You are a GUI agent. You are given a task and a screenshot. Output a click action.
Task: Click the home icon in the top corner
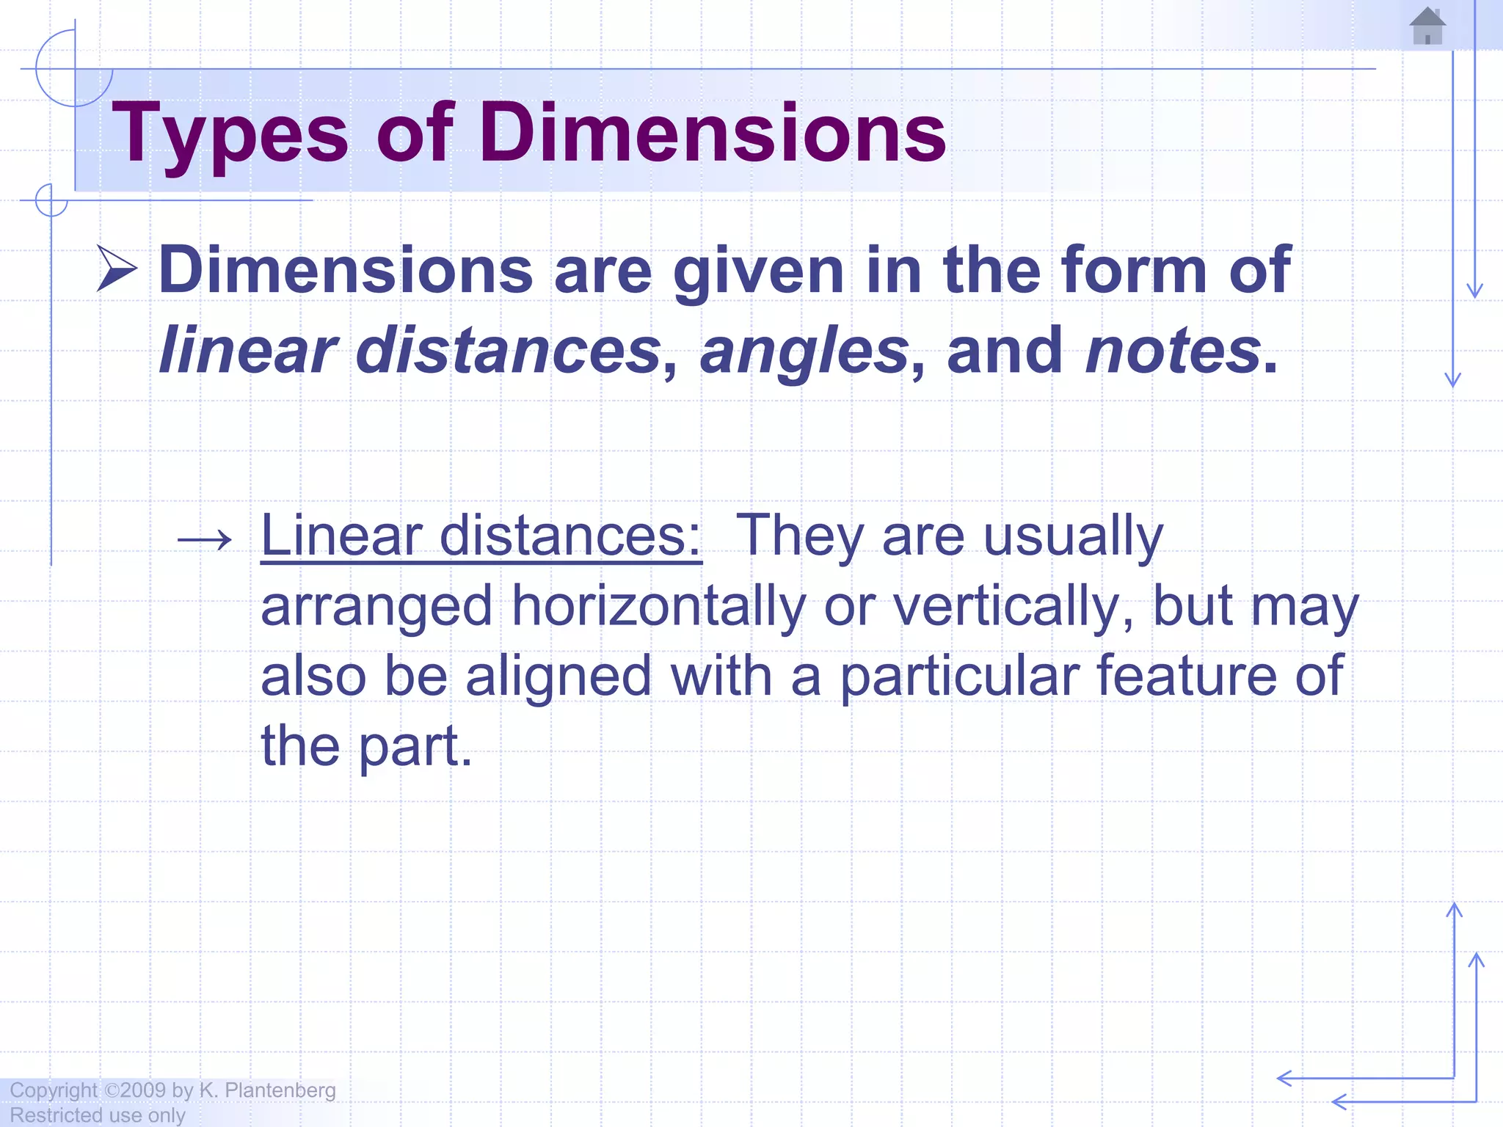coord(1427,26)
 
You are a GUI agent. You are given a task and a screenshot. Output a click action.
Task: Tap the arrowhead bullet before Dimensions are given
coord(117,269)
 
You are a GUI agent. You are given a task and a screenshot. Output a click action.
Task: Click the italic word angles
coord(804,351)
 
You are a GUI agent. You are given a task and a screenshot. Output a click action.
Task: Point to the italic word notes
coord(1173,351)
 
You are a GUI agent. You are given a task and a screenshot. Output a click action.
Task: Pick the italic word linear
coord(247,351)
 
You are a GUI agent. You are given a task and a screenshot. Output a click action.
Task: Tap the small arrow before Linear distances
coord(205,541)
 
